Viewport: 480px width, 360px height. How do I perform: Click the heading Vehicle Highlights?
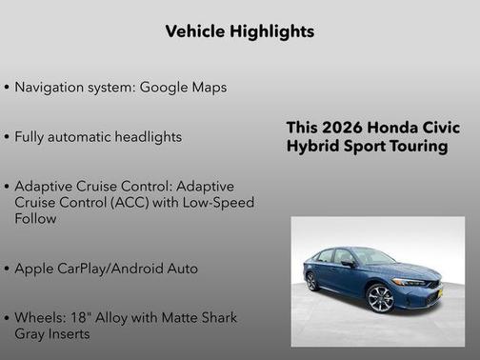click(x=239, y=31)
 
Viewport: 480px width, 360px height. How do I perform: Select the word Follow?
click(x=36, y=219)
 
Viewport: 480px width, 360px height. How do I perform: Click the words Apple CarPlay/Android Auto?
click(x=107, y=269)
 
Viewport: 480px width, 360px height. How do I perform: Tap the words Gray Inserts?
click(x=51, y=334)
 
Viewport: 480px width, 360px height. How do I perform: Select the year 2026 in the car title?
click(x=342, y=129)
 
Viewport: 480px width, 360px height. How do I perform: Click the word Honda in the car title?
click(x=390, y=129)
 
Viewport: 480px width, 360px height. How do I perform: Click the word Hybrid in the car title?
click(x=312, y=146)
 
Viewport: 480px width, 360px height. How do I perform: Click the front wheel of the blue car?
click(x=381, y=297)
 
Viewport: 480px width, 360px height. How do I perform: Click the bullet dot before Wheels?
click(x=8, y=317)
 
